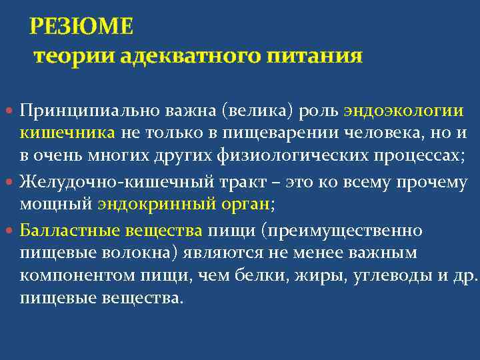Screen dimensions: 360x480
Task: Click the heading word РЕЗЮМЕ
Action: pyautogui.click(x=81, y=27)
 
